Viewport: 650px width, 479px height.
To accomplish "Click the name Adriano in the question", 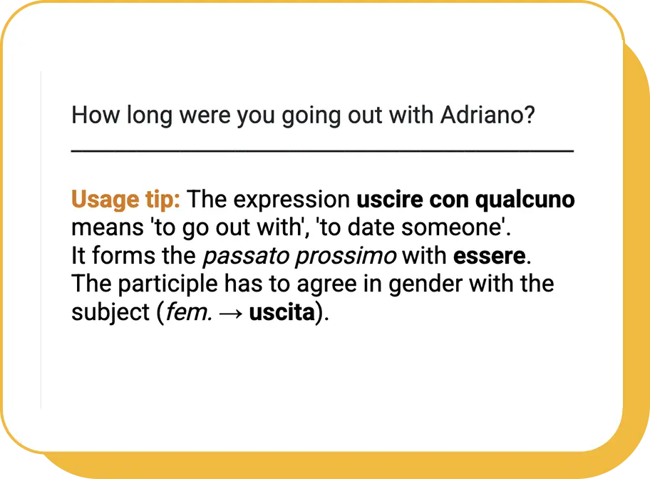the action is (x=481, y=115).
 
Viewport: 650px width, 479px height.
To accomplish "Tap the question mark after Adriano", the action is (x=530, y=115).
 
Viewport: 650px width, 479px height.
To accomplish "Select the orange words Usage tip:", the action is (x=125, y=200).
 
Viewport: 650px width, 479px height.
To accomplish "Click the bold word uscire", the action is (x=389, y=200).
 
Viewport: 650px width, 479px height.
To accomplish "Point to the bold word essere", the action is (x=490, y=256).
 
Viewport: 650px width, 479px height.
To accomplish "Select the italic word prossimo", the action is (x=346, y=257).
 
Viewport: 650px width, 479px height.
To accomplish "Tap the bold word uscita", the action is (x=282, y=312).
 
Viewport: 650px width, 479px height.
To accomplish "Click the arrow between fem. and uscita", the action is (x=231, y=314).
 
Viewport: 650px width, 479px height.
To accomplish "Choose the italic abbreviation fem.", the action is (x=189, y=312).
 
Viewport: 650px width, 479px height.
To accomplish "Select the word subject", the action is (x=110, y=312).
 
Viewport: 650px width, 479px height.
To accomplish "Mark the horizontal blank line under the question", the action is (x=323, y=151).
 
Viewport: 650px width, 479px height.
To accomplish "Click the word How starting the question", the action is (x=96, y=115).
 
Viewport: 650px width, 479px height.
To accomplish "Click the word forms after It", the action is (x=123, y=255).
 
